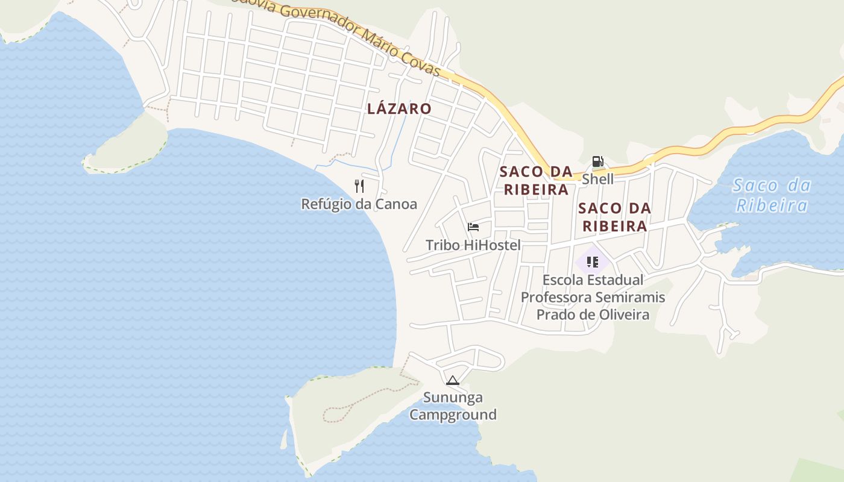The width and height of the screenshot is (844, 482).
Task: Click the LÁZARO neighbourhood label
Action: [399, 108]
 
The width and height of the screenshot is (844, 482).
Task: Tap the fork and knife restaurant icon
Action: [359, 186]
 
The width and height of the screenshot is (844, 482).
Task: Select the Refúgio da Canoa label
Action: [359, 204]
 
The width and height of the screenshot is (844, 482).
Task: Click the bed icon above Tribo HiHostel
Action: [473, 227]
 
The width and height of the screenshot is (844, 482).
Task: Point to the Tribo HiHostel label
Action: [473, 245]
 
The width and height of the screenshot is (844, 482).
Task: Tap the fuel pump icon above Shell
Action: [597, 161]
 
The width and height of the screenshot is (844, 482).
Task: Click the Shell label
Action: [597, 179]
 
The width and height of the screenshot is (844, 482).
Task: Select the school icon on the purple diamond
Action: [592, 262]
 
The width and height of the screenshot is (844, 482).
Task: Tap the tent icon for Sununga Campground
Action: [452, 380]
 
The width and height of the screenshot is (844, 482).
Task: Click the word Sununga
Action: [453, 398]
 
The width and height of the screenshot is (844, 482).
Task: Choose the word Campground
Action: [453, 415]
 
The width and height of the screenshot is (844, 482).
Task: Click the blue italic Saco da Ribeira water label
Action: [772, 195]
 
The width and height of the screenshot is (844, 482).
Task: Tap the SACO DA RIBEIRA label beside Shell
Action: [536, 180]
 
